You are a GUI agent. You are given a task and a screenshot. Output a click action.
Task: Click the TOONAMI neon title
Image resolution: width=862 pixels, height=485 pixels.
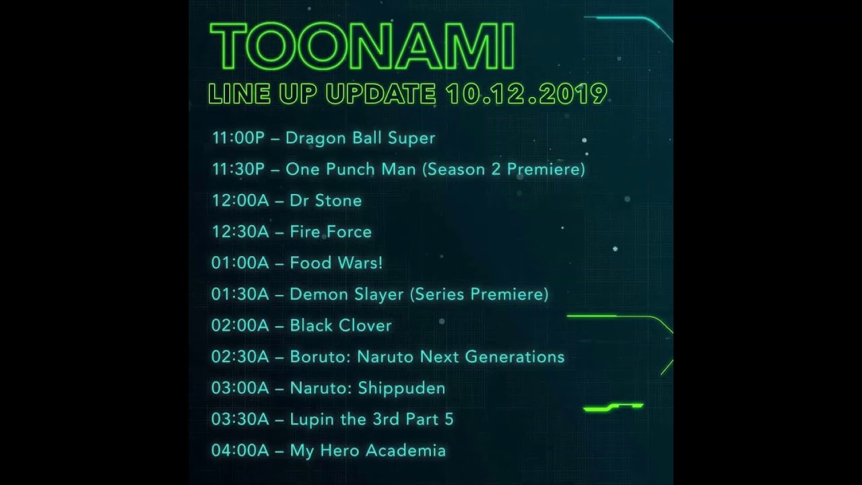(x=362, y=47)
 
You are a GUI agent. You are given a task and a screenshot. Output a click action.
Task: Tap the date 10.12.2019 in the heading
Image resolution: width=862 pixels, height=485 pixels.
(x=525, y=94)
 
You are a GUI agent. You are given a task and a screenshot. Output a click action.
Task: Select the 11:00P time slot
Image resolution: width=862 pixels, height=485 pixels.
(x=238, y=138)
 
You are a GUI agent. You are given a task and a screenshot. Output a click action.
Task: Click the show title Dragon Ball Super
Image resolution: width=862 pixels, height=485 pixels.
(x=360, y=138)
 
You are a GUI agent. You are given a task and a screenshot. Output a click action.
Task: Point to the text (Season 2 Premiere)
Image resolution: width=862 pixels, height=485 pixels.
(x=503, y=169)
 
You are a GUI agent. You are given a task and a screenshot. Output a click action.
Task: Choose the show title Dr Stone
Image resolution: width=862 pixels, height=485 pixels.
(x=325, y=201)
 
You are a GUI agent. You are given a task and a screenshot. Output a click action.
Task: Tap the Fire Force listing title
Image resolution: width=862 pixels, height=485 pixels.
(x=331, y=232)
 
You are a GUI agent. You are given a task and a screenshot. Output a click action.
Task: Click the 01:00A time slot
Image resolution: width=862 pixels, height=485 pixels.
(x=240, y=263)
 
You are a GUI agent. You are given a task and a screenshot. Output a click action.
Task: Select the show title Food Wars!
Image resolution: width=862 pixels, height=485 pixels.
(x=336, y=263)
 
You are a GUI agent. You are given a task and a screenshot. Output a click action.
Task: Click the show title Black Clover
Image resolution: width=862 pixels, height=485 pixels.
(x=341, y=325)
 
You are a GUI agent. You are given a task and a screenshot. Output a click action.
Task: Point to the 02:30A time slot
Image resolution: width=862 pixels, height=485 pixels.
(x=240, y=356)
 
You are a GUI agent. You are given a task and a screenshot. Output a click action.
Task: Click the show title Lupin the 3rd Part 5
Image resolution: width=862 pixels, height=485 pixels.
(x=372, y=419)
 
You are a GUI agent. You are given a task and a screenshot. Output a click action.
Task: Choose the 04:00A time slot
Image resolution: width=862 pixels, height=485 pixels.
(x=240, y=451)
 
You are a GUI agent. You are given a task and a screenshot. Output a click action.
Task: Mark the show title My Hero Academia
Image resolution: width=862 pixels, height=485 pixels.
(x=368, y=451)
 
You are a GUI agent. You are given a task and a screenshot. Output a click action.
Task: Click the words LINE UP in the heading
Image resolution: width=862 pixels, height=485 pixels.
(x=263, y=94)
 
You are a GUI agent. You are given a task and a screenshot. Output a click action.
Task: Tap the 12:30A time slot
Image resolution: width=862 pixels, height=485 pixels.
(x=240, y=232)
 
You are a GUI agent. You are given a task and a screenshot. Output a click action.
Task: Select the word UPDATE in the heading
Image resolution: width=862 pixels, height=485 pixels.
(x=380, y=94)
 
